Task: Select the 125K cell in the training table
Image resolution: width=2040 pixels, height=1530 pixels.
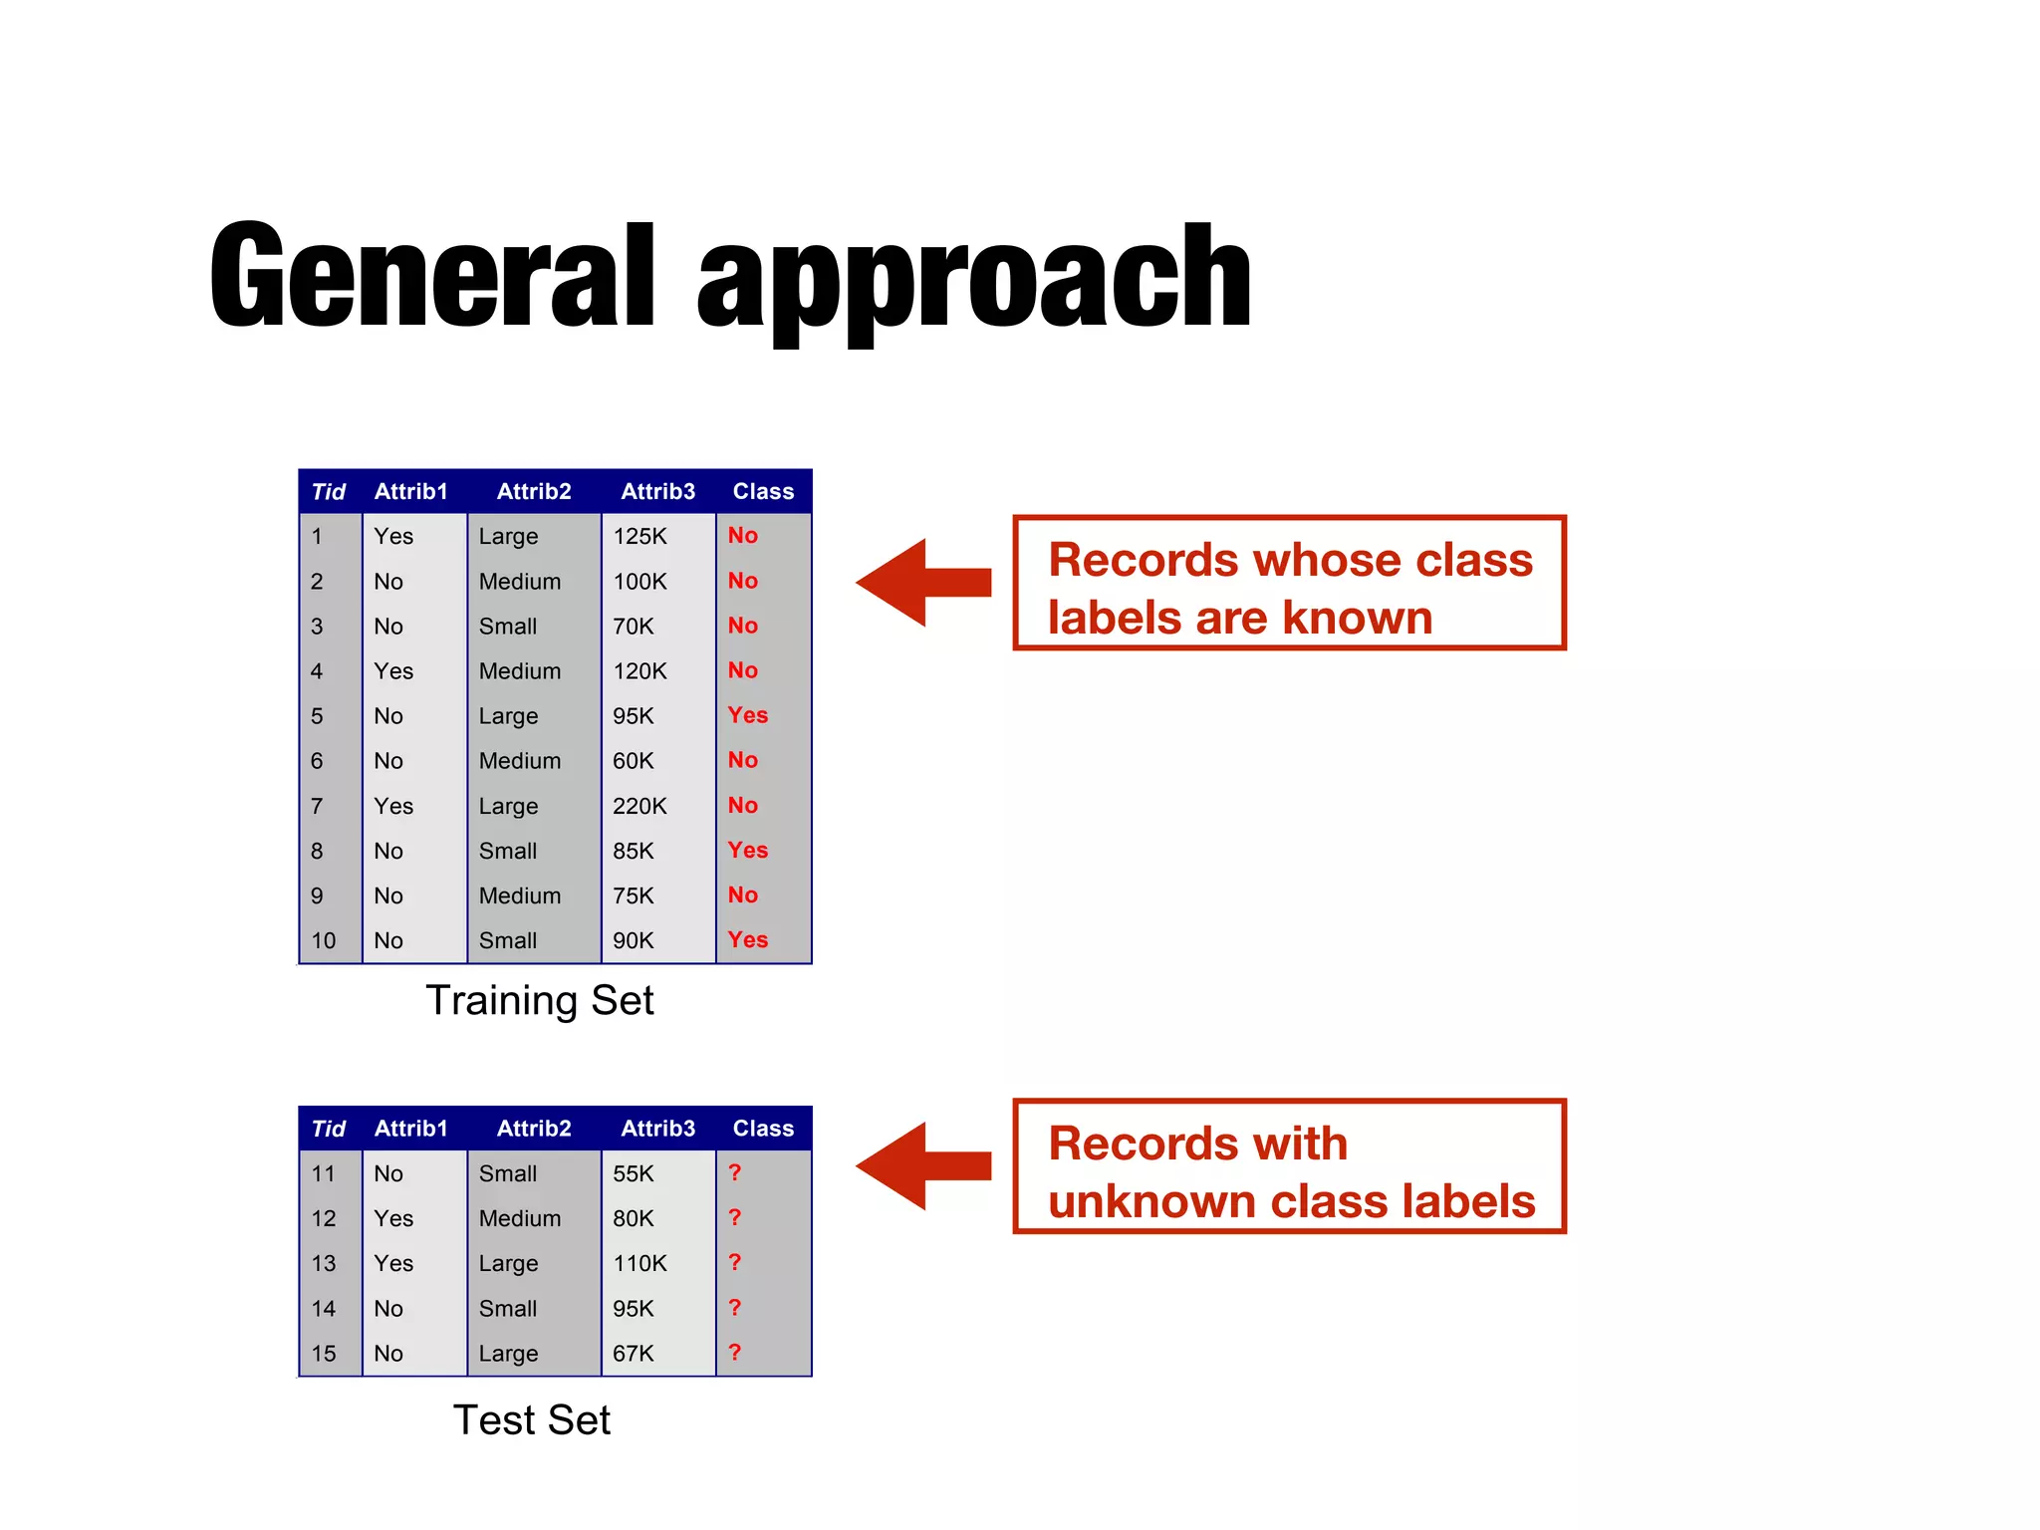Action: pos(639,537)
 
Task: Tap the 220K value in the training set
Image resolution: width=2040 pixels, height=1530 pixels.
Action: pos(639,806)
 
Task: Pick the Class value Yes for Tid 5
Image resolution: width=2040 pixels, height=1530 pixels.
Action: pos(747,715)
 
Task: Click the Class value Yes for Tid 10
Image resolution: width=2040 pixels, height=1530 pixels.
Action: pos(747,939)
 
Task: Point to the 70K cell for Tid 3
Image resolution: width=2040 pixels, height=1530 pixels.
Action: pos(634,627)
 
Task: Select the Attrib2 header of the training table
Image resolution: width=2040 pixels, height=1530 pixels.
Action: pos(534,491)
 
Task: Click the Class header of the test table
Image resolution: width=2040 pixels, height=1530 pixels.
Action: pos(763,1129)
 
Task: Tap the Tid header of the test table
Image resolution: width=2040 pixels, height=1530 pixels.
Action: pos(328,1129)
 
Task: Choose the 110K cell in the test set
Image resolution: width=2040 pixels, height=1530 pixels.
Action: pos(639,1263)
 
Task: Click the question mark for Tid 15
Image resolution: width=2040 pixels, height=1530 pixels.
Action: pos(735,1352)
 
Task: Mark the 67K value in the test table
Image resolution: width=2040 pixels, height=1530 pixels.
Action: pos(634,1354)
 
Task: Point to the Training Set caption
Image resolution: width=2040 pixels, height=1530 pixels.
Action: pos(539,1000)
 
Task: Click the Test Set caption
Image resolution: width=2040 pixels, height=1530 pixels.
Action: pos(531,1419)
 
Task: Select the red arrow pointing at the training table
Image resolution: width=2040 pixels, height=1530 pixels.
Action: pos(922,583)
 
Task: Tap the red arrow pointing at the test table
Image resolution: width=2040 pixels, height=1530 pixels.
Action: pos(922,1165)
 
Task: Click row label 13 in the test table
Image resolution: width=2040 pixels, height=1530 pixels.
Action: pos(324,1263)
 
